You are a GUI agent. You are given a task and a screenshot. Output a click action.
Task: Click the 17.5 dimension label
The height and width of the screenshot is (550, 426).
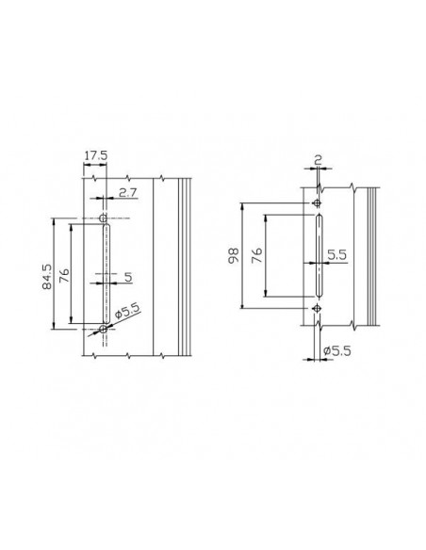point(95,155)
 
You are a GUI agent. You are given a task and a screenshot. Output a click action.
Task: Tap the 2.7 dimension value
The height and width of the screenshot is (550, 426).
point(127,192)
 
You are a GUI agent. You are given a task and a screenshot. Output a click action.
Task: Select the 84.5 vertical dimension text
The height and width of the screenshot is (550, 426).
point(47,277)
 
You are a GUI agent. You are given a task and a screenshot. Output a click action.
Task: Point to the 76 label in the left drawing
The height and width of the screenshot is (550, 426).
point(64,275)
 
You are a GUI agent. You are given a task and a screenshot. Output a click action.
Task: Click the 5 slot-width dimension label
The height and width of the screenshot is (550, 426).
point(128,277)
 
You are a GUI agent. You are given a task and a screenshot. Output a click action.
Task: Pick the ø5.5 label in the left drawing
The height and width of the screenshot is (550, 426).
point(127,310)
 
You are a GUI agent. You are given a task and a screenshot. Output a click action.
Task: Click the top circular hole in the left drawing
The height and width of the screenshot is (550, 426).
point(103,218)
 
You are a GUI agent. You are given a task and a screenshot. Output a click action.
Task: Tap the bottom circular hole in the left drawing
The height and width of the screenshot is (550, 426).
point(103,329)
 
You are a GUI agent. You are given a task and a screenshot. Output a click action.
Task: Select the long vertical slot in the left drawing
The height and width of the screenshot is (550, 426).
point(106,273)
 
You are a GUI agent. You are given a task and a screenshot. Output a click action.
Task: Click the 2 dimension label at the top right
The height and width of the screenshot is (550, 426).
point(318,161)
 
